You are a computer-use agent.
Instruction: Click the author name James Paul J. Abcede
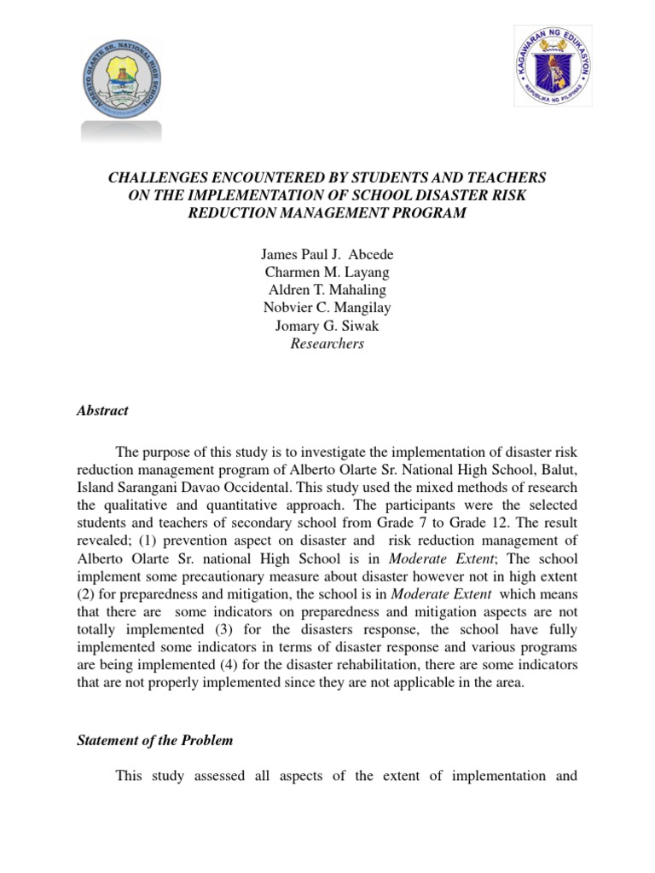click(x=327, y=254)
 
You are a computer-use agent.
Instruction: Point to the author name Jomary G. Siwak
click(x=327, y=326)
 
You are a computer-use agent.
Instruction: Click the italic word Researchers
click(x=327, y=344)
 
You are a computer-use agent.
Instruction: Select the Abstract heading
click(x=102, y=410)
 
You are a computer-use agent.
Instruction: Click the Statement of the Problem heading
click(x=154, y=741)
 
